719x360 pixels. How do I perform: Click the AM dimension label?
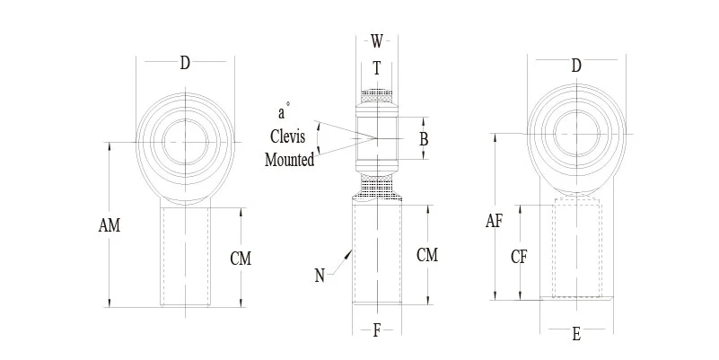(x=109, y=226)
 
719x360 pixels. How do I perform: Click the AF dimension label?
(x=495, y=221)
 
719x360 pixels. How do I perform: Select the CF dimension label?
(x=519, y=256)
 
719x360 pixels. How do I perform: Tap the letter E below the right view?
(x=576, y=335)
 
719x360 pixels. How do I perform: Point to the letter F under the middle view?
(x=377, y=329)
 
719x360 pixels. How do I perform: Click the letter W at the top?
(x=377, y=40)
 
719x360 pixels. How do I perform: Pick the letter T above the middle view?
(x=377, y=67)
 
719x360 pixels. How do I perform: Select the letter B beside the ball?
(x=424, y=139)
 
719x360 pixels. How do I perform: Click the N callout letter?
(x=320, y=276)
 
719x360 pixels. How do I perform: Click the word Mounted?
(x=290, y=161)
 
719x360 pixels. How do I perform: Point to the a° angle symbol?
(x=282, y=114)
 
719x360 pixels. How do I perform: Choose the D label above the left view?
(x=185, y=63)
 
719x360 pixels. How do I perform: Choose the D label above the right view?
(x=576, y=66)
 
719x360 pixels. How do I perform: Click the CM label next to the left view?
(x=241, y=259)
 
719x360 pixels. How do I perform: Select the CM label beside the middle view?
(x=427, y=255)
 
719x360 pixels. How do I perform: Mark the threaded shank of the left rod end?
(x=187, y=256)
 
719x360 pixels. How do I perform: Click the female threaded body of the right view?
(x=577, y=251)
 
